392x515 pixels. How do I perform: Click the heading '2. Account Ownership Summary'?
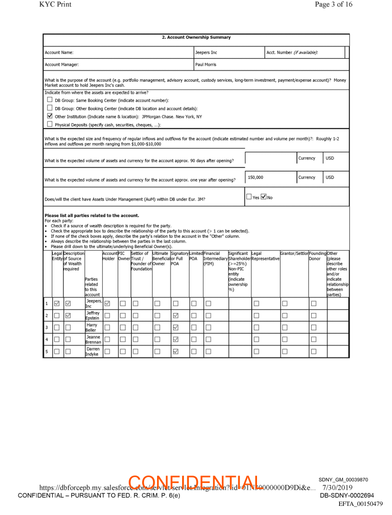(196, 37)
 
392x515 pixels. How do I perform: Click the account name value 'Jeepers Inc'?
(206, 52)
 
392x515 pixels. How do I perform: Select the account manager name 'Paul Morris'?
(206, 64)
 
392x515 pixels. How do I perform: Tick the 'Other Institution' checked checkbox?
(49, 116)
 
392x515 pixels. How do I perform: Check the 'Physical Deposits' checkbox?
(49, 124)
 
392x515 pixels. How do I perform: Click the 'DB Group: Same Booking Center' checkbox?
(49, 100)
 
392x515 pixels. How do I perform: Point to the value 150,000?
(256, 177)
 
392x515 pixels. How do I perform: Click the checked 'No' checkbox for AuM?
(264, 196)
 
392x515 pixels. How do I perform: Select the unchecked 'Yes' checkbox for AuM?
(249, 196)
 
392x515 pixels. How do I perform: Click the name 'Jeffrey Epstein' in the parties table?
(93, 315)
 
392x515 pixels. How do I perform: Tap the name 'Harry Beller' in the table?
(92, 327)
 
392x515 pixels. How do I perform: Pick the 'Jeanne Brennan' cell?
(93, 340)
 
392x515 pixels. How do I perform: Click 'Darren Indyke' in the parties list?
(93, 352)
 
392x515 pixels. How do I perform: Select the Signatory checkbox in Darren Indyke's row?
(176, 352)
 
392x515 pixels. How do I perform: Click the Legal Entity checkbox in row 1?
(57, 303)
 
